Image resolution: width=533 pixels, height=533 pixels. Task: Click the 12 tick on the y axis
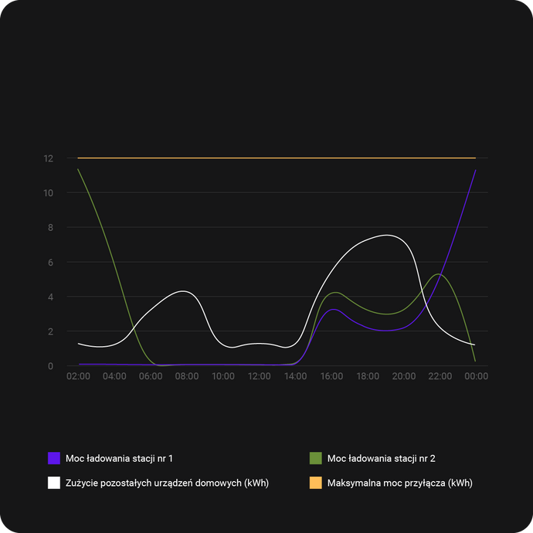click(49, 158)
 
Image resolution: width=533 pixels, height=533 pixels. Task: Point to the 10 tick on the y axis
click(49, 193)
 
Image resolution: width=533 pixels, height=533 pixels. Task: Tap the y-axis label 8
click(50, 228)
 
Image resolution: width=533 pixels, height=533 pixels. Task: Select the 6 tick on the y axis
click(50, 263)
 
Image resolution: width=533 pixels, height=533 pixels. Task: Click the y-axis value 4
click(50, 297)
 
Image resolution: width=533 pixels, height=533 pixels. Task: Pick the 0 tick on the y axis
click(50, 366)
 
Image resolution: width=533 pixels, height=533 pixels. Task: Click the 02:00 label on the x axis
click(78, 376)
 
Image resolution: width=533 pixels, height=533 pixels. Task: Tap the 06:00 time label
click(151, 376)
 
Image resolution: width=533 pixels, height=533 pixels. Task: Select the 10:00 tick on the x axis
click(223, 376)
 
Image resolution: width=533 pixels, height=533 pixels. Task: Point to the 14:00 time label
click(295, 376)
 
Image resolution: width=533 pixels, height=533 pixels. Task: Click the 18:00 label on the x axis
click(368, 376)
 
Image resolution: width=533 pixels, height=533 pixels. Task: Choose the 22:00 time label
click(440, 376)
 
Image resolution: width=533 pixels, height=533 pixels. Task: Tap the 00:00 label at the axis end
click(476, 376)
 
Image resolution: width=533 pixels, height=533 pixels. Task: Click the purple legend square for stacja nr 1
click(54, 458)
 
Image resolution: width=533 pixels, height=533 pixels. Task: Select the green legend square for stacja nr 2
click(315, 458)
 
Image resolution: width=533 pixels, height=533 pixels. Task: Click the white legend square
click(54, 483)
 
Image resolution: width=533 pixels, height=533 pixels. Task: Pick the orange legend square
click(315, 483)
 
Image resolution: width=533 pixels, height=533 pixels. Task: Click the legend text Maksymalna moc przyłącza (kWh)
click(399, 483)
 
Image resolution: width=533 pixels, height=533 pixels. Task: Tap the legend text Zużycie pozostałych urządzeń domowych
click(167, 483)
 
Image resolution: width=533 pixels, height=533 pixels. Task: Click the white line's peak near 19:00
click(386, 235)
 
